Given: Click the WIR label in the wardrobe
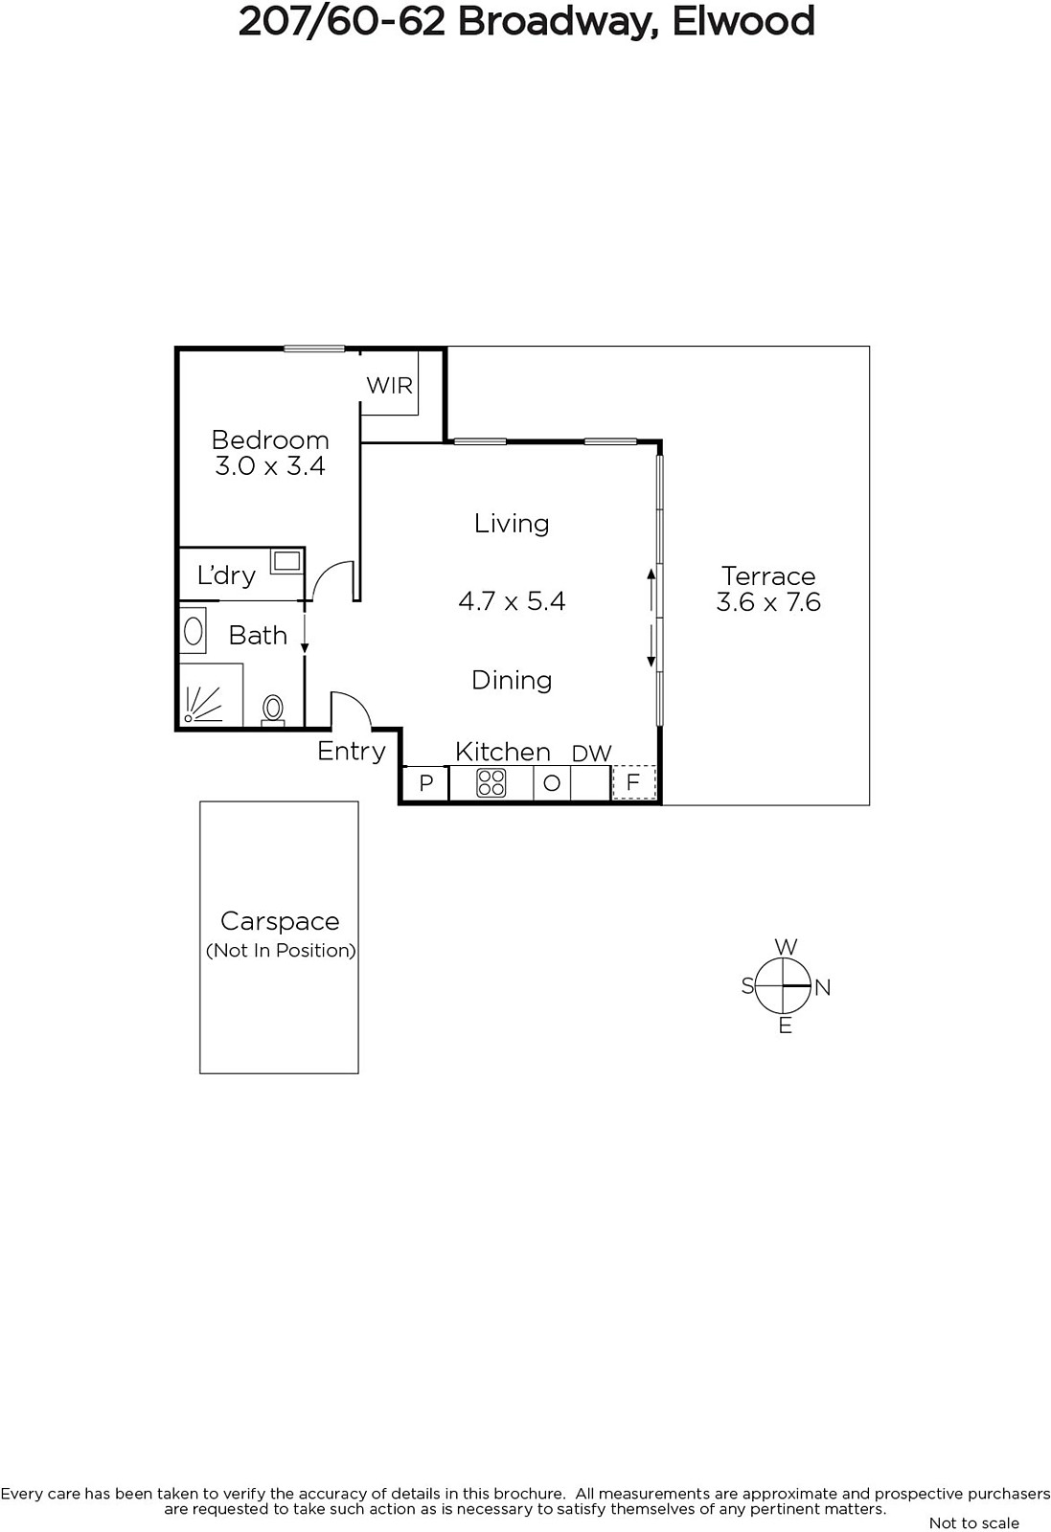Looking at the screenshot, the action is click(389, 386).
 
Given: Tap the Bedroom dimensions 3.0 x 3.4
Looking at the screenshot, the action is click(269, 466).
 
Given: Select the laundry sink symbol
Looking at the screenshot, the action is click(286, 562).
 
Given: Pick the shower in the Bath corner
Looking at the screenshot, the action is click(211, 694).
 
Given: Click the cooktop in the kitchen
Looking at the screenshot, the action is click(491, 783).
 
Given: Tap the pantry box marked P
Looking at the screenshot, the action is click(425, 783).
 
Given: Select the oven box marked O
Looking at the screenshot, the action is click(552, 783).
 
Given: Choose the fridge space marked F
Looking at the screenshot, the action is click(633, 782).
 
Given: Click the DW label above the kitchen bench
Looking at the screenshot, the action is click(591, 754).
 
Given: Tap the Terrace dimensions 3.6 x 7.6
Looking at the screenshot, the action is click(768, 602).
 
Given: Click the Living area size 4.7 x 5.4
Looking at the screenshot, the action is click(512, 601).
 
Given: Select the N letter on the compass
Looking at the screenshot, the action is click(822, 987).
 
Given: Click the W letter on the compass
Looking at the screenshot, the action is click(787, 947).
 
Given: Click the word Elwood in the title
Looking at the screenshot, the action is click(743, 21).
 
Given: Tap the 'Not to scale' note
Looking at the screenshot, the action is click(974, 1523).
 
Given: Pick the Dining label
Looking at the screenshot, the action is click(512, 681).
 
